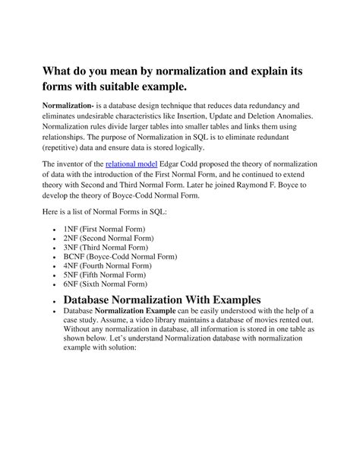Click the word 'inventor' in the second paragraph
click(83, 163)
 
